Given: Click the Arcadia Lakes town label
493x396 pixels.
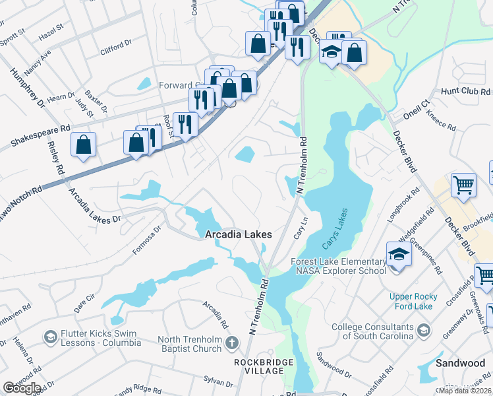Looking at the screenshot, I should pos(239,234).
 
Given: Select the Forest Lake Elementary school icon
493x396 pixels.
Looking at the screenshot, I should pos(399,254).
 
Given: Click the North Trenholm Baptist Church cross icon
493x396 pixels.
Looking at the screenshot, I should pos(231,343).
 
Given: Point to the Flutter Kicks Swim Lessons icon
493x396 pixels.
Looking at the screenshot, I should pos(49,338).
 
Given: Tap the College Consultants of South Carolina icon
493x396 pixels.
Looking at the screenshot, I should pos(423,330).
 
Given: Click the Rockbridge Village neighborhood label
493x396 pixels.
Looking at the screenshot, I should pos(259,366).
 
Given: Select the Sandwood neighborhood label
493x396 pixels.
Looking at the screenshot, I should pos(461,363).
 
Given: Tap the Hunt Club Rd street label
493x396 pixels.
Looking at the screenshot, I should pos(464,90).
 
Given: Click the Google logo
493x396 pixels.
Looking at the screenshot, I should pos(22,388).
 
